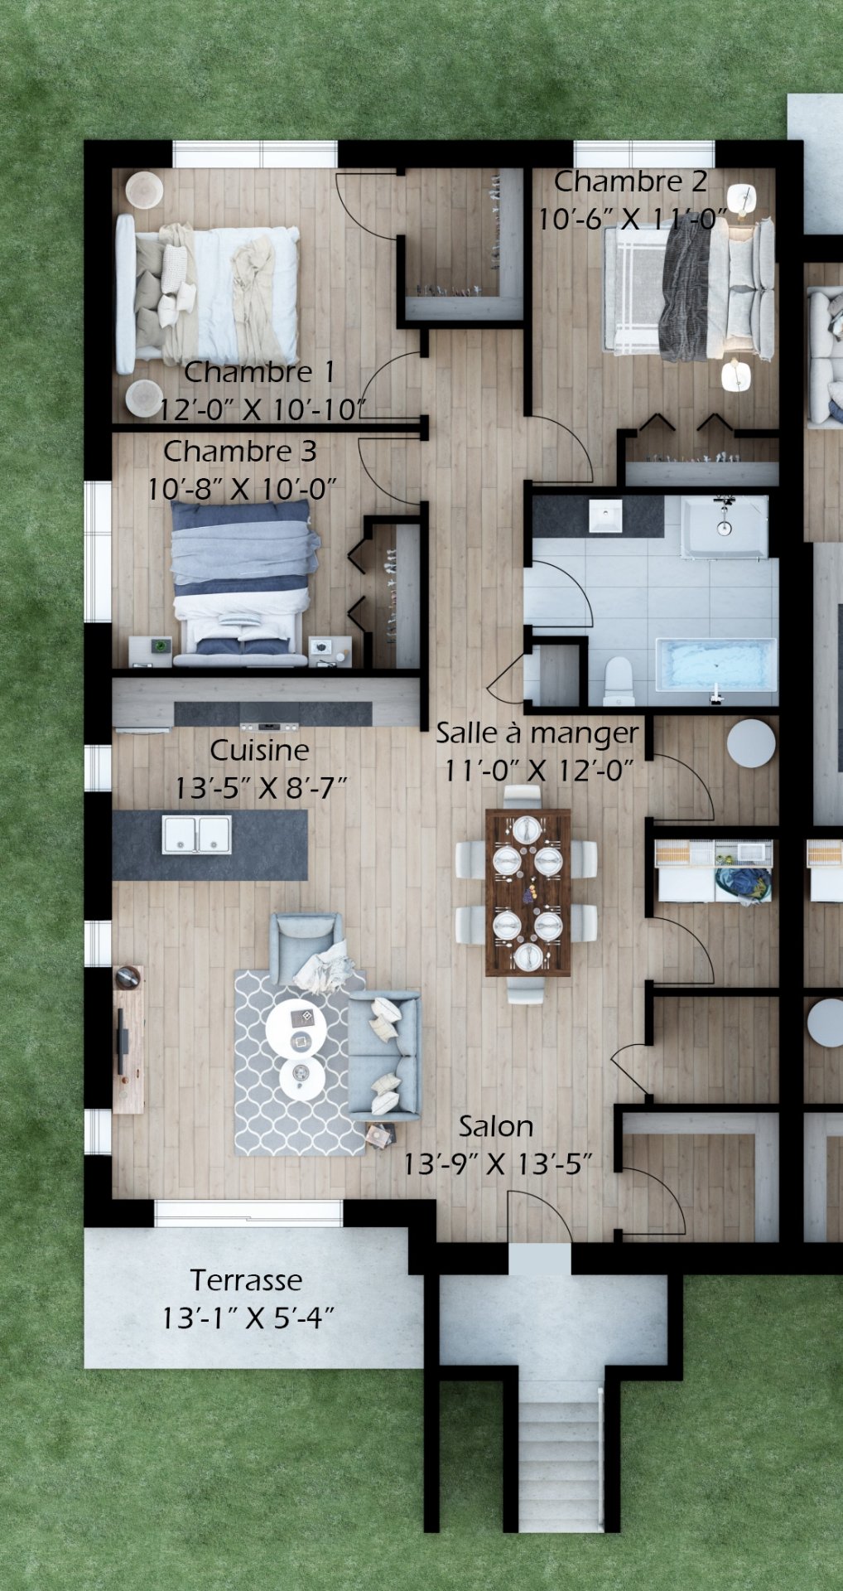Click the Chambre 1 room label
[259, 372]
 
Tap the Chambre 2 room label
[630, 181]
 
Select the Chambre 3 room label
[240, 452]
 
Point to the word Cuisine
[259, 750]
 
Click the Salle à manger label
[537, 733]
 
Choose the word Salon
[496, 1126]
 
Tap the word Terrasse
[247, 1280]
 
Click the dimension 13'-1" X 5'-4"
[248, 1318]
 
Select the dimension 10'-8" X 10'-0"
[242, 489]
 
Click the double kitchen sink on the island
[196, 834]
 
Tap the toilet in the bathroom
[619, 681]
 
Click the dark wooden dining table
[527, 892]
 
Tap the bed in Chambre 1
[207, 295]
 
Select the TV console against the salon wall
[128, 1040]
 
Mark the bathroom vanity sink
[605, 516]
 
